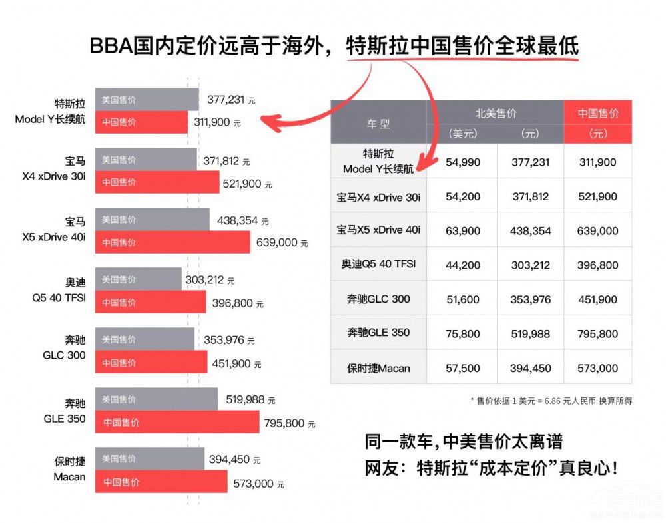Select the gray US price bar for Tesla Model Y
click(x=147, y=100)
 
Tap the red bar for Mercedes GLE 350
click(x=176, y=422)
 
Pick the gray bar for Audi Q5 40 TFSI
click(x=138, y=279)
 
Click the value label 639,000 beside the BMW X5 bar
click(x=277, y=243)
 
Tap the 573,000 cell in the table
click(x=597, y=368)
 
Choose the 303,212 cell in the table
click(x=530, y=265)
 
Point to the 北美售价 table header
click(x=496, y=113)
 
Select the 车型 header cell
click(x=378, y=124)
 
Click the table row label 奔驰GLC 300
click(x=378, y=299)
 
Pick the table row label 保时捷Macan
click(x=378, y=368)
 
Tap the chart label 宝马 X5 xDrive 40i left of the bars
click(x=66, y=229)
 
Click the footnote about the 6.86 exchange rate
click(x=551, y=401)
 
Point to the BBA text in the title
click(x=110, y=46)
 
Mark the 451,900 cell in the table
click(x=597, y=299)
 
